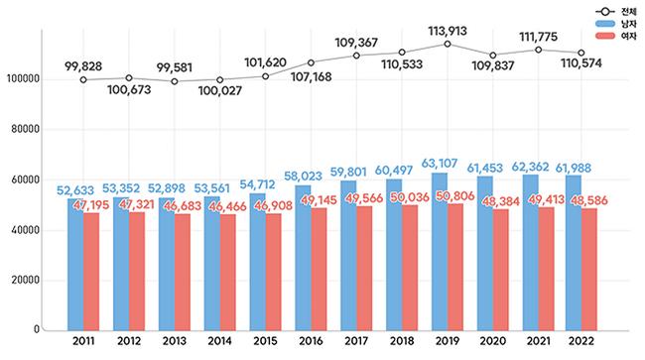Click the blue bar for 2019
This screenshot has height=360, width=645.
[x=440, y=252]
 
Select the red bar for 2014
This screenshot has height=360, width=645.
[x=228, y=272]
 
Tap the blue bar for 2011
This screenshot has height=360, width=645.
[x=75, y=265]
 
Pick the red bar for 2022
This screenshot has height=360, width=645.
[x=589, y=270]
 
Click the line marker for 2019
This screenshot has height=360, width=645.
[x=448, y=44]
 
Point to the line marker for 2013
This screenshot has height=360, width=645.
[x=175, y=81]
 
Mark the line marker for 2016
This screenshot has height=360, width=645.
[x=311, y=62]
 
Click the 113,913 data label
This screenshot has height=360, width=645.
[x=448, y=31]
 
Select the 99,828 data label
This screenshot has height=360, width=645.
[x=83, y=66]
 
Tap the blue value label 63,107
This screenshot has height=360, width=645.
[x=440, y=164]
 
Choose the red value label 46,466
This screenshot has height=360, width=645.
[x=227, y=206]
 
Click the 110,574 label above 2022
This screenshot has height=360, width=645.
[x=581, y=63]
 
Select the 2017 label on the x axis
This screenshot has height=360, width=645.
[x=356, y=341]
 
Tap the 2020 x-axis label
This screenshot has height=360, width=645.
[x=493, y=341]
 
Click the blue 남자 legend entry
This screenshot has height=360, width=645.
[x=616, y=24]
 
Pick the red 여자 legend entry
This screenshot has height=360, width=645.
[x=616, y=36]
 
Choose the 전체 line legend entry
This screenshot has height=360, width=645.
[x=616, y=12]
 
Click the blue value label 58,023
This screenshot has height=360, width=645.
[x=304, y=176]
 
